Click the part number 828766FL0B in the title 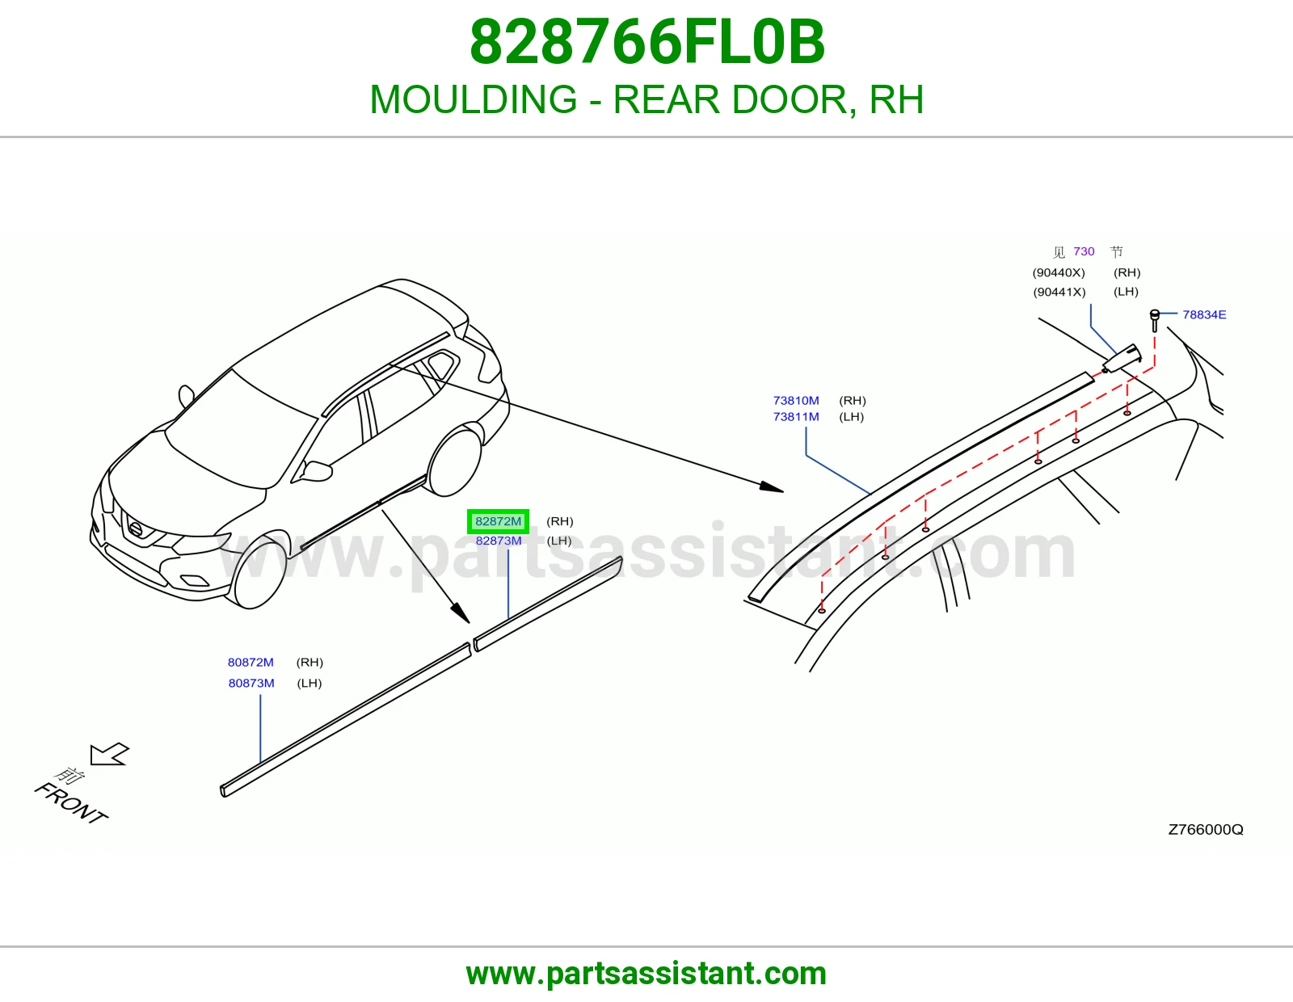[x=646, y=42]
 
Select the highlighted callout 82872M [x=498, y=522]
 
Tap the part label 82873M [x=499, y=541]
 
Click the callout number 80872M [x=251, y=663]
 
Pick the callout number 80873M [x=251, y=683]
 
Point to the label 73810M [x=796, y=401]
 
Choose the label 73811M [x=796, y=416]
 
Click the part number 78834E [x=1204, y=315]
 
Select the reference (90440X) [x=1059, y=272]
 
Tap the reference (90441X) [x=1059, y=293]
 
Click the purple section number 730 [x=1085, y=251]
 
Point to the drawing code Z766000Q [x=1206, y=829]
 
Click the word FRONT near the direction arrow [x=71, y=804]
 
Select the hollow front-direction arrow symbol [x=109, y=755]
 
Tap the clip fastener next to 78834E [x=1154, y=320]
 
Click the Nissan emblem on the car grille [x=137, y=529]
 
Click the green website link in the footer [x=646, y=974]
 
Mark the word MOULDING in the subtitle [x=474, y=99]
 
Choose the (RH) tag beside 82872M [x=560, y=521]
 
